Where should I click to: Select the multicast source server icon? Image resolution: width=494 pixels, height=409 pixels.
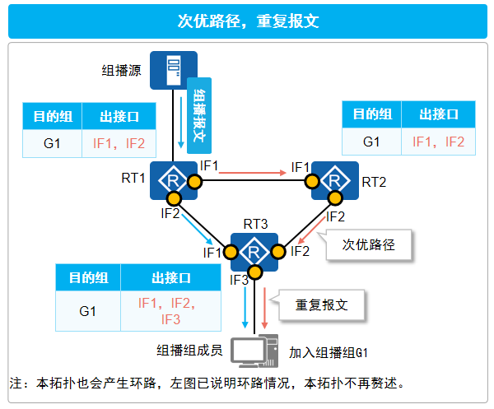coord(174,71)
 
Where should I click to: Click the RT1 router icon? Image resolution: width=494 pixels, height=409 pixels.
coord(174,179)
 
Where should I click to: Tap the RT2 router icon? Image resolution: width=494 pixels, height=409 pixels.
coord(334,179)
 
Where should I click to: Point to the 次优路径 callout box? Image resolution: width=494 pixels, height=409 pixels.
coord(368,244)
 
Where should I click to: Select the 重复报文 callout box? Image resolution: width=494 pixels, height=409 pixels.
coord(322,304)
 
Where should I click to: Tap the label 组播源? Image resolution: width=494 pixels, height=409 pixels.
coord(121,70)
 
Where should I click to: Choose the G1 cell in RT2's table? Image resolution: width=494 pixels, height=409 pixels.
coord(371,142)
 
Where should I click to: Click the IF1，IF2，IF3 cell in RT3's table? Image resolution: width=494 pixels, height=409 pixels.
coord(171,311)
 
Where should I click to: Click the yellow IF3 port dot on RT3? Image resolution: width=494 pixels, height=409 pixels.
coord(255,272)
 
